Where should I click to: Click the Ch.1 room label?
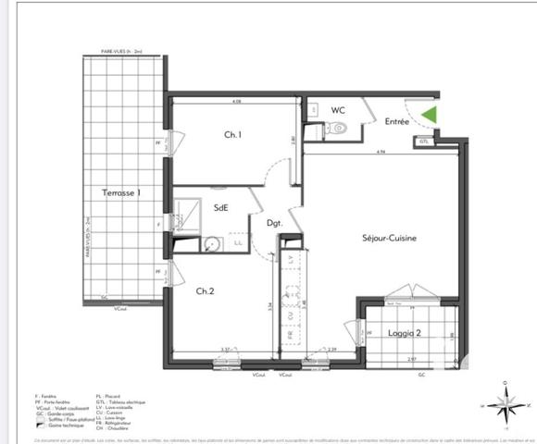(232, 135)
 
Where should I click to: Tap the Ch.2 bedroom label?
(206, 290)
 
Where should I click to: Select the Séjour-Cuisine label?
(388, 238)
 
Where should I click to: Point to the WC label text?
(338, 110)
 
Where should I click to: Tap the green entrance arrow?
(429, 116)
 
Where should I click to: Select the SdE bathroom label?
(222, 208)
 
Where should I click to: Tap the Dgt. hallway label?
(274, 224)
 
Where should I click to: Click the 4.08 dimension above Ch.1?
(236, 102)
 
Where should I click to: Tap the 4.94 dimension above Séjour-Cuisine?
(380, 153)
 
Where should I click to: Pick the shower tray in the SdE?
(190, 209)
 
